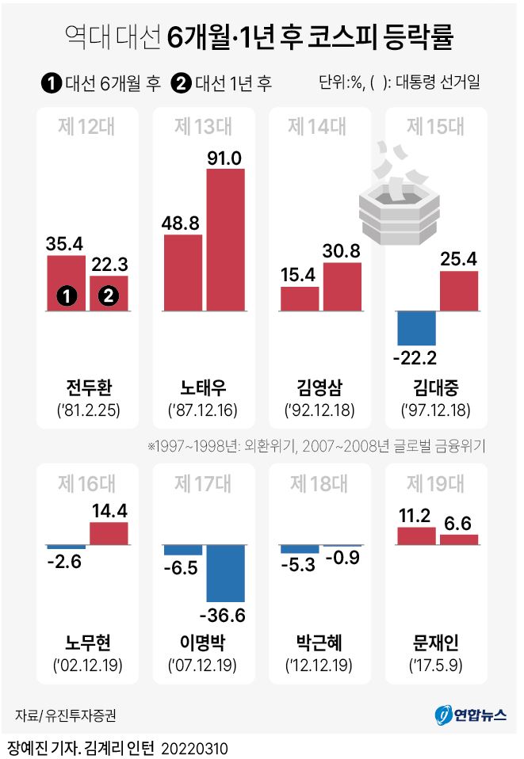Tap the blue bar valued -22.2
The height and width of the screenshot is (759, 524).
[417, 328]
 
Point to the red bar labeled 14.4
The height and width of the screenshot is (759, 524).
[109, 533]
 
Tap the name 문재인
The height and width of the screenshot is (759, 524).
[436, 642]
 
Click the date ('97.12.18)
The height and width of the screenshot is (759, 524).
[436, 412]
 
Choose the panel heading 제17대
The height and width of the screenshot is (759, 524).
[203, 482]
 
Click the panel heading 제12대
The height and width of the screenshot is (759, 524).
[87, 127]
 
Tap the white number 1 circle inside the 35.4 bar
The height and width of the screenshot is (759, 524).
[66, 296]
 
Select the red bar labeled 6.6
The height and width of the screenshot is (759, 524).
[459, 540]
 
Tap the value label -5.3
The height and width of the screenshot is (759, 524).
[299, 564]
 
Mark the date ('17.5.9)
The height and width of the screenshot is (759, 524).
[436, 665]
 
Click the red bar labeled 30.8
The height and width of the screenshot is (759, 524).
[342, 286]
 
